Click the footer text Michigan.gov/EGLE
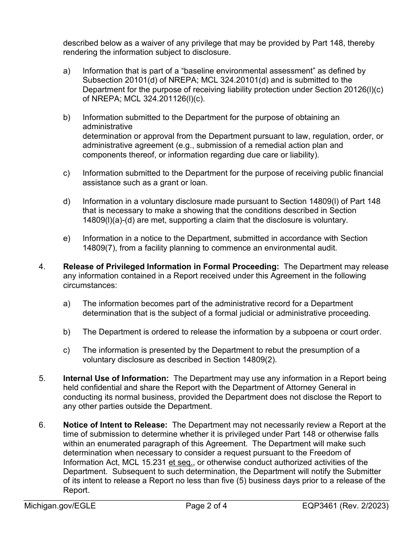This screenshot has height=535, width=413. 60,506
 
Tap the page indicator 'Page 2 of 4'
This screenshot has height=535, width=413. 206,506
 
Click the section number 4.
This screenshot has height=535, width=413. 42,267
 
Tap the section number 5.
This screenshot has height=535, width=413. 42,378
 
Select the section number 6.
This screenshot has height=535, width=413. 42,425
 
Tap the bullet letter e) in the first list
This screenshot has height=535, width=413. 67,238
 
